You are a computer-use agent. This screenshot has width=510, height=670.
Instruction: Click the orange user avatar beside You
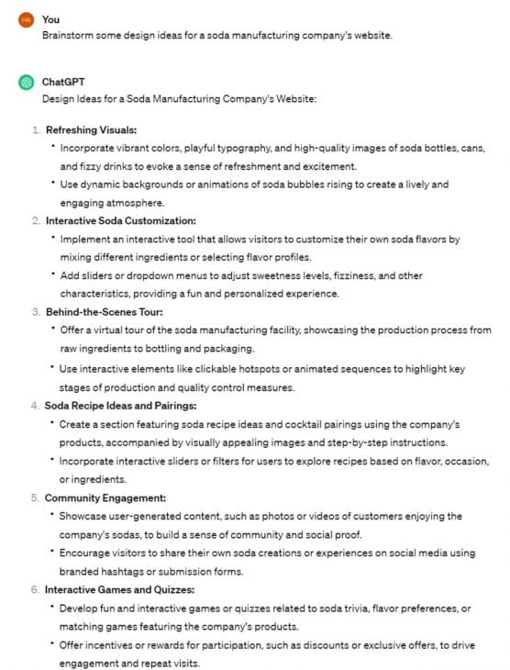(26, 19)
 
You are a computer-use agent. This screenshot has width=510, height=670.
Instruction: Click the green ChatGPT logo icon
(26, 82)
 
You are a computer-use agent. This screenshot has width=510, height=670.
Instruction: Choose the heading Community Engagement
(105, 497)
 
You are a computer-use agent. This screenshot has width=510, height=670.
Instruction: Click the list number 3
(35, 312)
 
